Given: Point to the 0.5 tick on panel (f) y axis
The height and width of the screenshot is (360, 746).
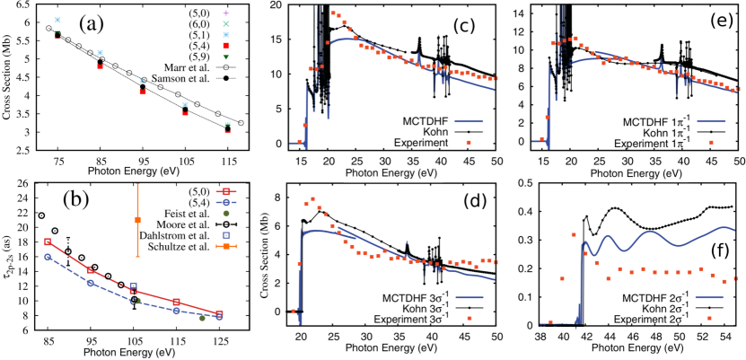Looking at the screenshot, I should coord(535,186).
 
